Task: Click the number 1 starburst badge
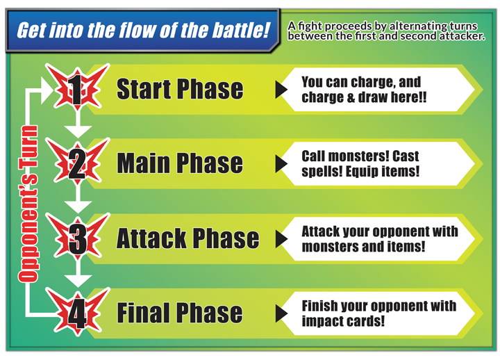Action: (x=78, y=87)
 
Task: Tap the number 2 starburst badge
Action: (x=78, y=161)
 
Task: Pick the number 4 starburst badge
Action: (x=78, y=311)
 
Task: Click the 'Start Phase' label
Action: (x=180, y=89)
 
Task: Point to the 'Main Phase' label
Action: (x=180, y=163)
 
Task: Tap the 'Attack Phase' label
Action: (x=187, y=238)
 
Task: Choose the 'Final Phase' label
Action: (x=180, y=313)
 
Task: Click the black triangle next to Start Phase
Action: (x=281, y=90)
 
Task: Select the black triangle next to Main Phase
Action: (x=281, y=164)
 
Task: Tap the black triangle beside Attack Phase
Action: (x=281, y=239)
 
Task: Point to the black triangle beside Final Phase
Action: (x=281, y=313)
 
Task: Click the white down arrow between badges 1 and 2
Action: (x=78, y=126)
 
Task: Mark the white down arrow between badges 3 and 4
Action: (x=78, y=275)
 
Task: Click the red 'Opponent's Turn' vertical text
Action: (x=28, y=204)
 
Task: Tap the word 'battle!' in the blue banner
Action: (x=242, y=31)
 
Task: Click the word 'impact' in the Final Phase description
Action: (x=322, y=321)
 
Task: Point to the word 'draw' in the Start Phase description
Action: (x=372, y=97)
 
